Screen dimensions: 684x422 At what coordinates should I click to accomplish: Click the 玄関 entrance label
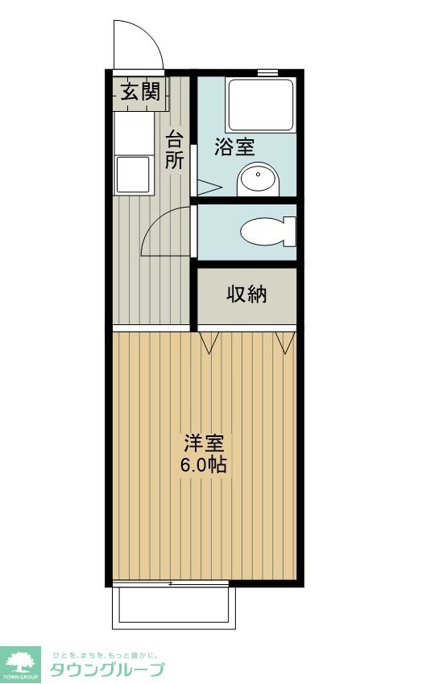(140, 91)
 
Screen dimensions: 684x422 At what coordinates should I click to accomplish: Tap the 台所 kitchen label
(175, 149)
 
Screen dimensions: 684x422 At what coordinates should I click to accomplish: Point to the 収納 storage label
(246, 295)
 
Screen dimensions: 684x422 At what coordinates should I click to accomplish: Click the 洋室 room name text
(205, 443)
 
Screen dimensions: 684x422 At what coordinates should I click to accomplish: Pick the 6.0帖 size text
(205, 464)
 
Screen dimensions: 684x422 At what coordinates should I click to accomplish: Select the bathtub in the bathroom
(260, 105)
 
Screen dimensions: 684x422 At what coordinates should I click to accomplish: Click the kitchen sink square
(132, 175)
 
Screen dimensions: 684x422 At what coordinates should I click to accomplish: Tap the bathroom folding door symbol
(208, 187)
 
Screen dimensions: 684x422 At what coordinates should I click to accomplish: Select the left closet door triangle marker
(210, 343)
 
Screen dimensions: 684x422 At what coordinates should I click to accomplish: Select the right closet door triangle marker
(283, 342)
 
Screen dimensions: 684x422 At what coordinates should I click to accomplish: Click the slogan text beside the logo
(105, 654)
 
